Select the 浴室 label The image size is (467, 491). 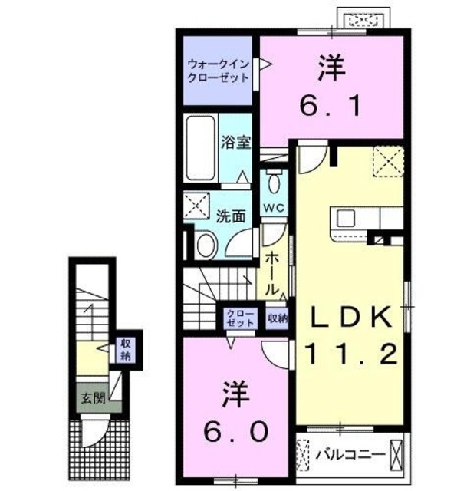tap(235, 142)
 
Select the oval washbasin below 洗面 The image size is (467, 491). tap(206, 245)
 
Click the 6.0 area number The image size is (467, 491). tap(235, 431)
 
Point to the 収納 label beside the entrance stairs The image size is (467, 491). tap(125, 349)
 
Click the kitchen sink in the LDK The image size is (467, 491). tap(343, 217)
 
